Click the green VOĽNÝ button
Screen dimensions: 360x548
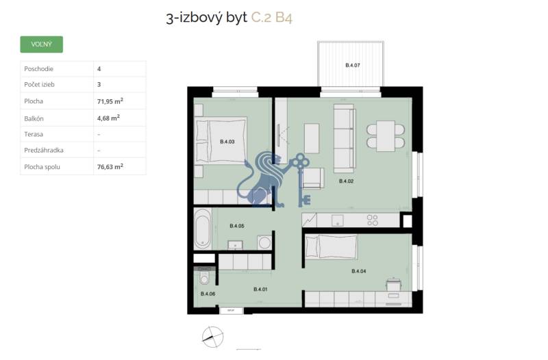42,44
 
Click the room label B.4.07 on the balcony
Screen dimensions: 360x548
352,66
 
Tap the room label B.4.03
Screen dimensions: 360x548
227,142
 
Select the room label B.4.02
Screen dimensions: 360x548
347,181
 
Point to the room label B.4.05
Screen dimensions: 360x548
237,225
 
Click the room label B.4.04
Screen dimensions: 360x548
358,271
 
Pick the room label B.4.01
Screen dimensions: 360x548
260,290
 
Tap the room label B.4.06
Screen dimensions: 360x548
208,294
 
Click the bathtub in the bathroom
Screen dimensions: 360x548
202,229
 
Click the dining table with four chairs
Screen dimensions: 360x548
386,135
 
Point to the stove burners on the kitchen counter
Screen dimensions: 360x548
373,220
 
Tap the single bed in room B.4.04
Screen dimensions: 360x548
330,246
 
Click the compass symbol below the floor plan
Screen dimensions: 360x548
213,335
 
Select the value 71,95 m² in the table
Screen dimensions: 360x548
110,101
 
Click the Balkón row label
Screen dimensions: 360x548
34,118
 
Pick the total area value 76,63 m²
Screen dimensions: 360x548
110,166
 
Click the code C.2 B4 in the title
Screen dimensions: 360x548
272,17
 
